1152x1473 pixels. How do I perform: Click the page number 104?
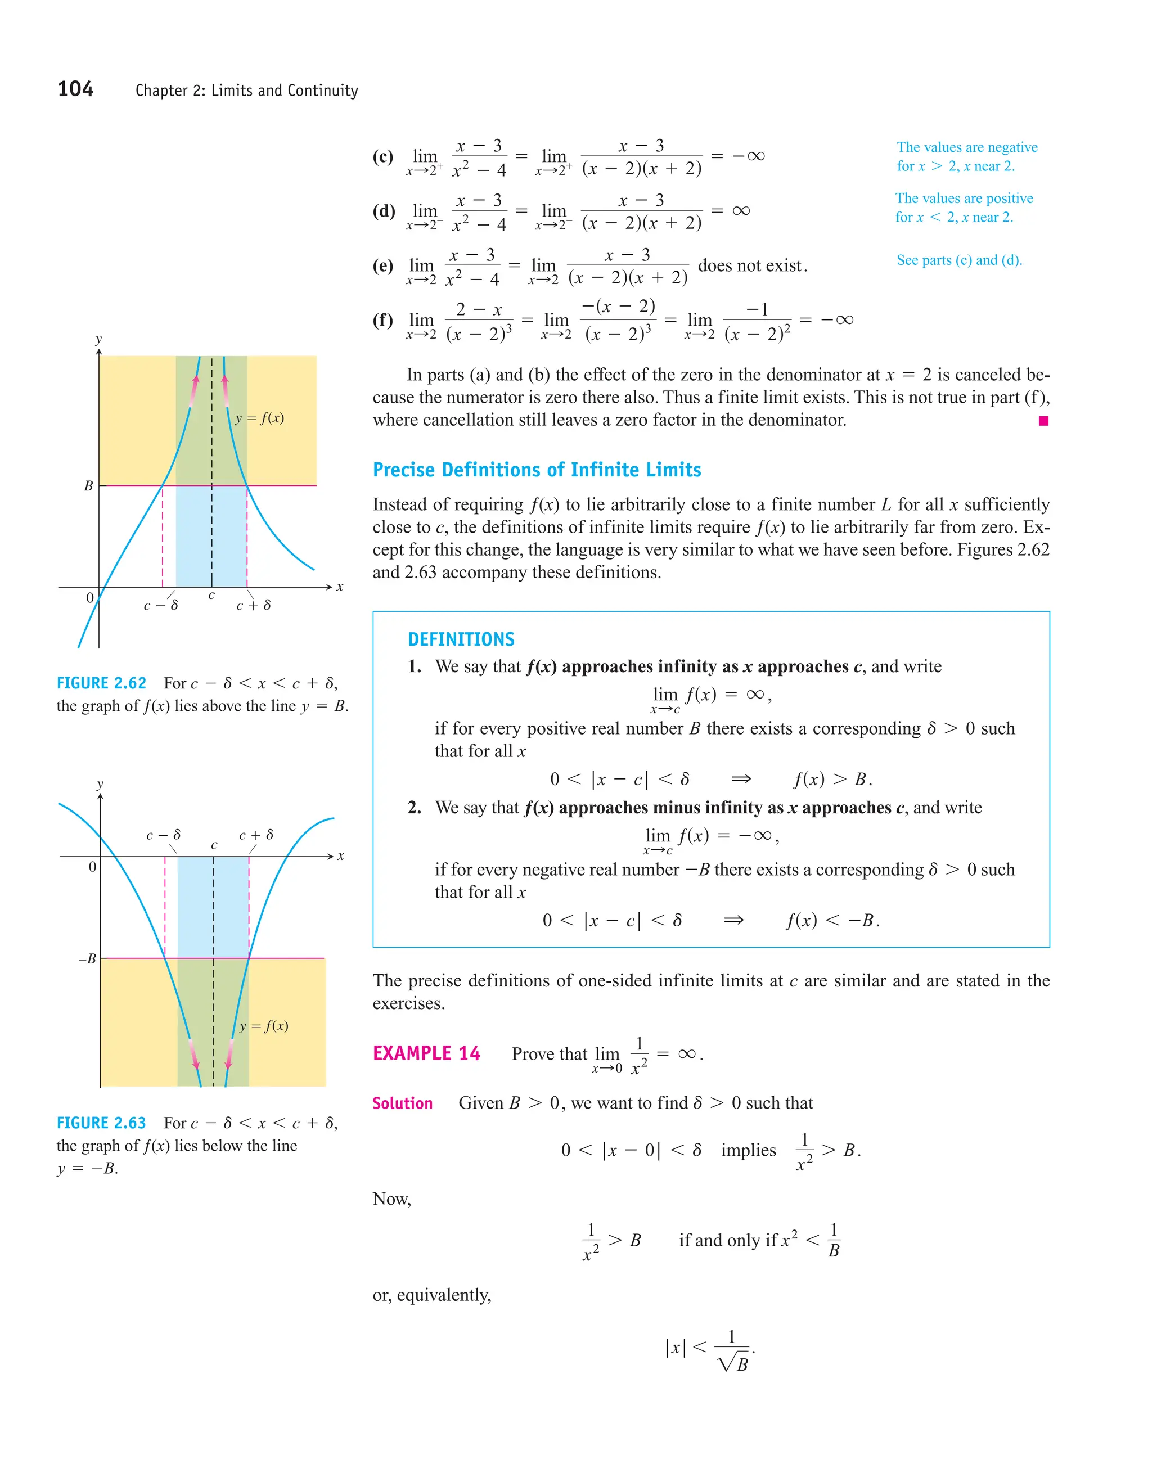(x=75, y=89)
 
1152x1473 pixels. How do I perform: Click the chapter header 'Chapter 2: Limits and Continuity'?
(x=246, y=91)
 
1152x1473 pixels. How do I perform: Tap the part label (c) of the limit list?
(x=382, y=156)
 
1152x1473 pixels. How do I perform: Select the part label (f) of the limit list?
(x=382, y=319)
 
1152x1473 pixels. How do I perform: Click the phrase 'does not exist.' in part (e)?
(x=752, y=265)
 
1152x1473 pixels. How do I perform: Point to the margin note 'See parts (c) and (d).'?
(x=958, y=260)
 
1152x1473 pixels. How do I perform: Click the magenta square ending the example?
(x=1043, y=421)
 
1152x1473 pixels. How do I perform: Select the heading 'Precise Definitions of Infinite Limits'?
(x=536, y=470)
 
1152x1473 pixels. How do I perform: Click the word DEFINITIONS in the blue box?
(x=461, y=639)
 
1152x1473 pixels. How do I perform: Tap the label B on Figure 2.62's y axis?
(x=88, y=485)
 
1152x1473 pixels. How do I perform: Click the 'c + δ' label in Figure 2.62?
(x=254, y=606)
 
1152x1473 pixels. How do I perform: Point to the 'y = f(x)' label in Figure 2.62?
(x=260, y=418)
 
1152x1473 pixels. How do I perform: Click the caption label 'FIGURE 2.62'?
(x=101, y=683)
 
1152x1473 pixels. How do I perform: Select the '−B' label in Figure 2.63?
(x=87, y=958)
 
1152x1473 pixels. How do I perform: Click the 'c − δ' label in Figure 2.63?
(x=163, y=835)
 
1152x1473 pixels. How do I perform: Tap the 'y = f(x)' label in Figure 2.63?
(x=264, y=1026)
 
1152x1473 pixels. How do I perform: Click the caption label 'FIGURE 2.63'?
(x=101, y=1123)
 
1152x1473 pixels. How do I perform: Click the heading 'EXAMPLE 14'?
(x=426, y=1053)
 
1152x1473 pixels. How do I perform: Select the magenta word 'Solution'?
(x=403, y=1103)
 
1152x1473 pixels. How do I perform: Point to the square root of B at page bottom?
(x=735, y=1364)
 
